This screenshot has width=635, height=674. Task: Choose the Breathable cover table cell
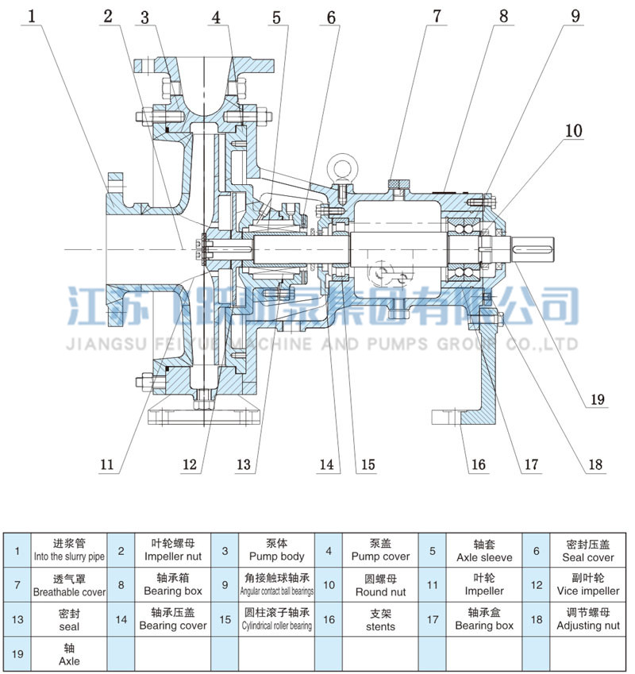(69, 584)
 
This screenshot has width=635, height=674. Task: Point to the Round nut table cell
(381, 584)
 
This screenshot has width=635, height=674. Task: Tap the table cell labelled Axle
(69, 654)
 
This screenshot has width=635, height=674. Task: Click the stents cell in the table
(381, 619)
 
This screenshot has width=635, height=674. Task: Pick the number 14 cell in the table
(121, 619)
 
